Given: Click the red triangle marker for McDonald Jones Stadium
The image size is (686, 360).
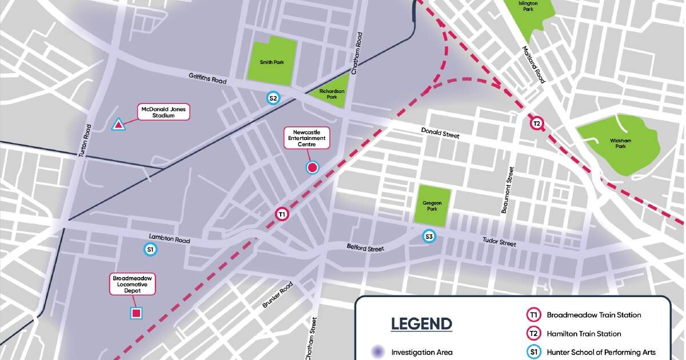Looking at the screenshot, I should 118,124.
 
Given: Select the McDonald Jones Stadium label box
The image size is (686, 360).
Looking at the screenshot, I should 163,111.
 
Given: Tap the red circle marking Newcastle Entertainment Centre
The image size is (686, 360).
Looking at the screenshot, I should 312,167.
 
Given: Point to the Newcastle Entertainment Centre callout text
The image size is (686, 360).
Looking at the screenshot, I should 307,138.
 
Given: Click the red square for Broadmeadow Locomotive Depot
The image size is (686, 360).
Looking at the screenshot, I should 136,313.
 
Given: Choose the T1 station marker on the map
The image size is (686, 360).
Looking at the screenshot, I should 282,214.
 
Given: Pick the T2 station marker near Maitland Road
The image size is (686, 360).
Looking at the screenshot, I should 536,123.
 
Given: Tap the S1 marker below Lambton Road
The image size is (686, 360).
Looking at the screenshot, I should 150,249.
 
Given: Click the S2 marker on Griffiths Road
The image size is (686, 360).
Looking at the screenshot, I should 274,98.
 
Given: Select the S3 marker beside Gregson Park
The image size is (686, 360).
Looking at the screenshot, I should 429,235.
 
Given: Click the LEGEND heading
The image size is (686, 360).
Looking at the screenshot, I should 421,323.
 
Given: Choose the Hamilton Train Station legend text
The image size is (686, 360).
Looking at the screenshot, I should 584,333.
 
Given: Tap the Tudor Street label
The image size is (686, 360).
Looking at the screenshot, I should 498,243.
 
